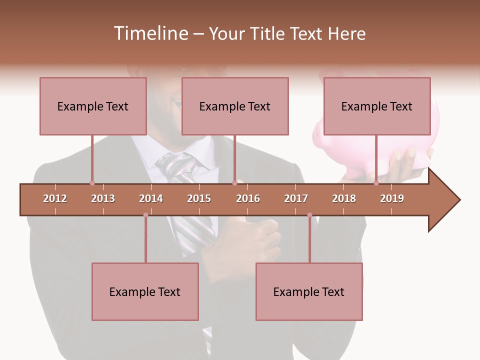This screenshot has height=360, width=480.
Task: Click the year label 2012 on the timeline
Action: (x=55, y=198)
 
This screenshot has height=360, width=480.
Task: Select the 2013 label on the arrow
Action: (x=103, y=198)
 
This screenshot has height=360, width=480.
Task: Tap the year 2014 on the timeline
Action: (x=151, y=198)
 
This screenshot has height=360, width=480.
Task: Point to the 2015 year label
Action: (x=199, y=198)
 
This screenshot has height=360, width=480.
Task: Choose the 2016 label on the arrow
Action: (x=248, y=198)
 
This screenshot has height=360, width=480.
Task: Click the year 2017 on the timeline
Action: (x=296, y=198)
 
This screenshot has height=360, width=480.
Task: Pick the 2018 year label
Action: (x=344, y=198)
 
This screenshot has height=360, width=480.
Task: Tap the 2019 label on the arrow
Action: (x=392, y=198)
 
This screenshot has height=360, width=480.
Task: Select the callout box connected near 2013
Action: (x=93, y=106)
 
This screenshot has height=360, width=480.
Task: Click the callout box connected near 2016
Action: (x=235, y=106)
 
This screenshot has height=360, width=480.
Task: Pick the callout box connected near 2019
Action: (x=377, y=106)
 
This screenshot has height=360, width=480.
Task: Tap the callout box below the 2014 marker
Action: (x=145, y=291)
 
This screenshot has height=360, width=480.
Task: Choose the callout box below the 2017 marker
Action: (x=309, y=291)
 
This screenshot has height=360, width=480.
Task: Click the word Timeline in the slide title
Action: (x=150, y=33)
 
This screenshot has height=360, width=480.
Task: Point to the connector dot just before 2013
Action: (x=92, y=183)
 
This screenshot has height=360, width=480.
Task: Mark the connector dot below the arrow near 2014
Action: (x=145, y=215)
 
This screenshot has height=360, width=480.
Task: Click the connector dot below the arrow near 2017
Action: (x=309, y=215)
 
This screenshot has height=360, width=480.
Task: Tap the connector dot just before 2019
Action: (x=376, y=183)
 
